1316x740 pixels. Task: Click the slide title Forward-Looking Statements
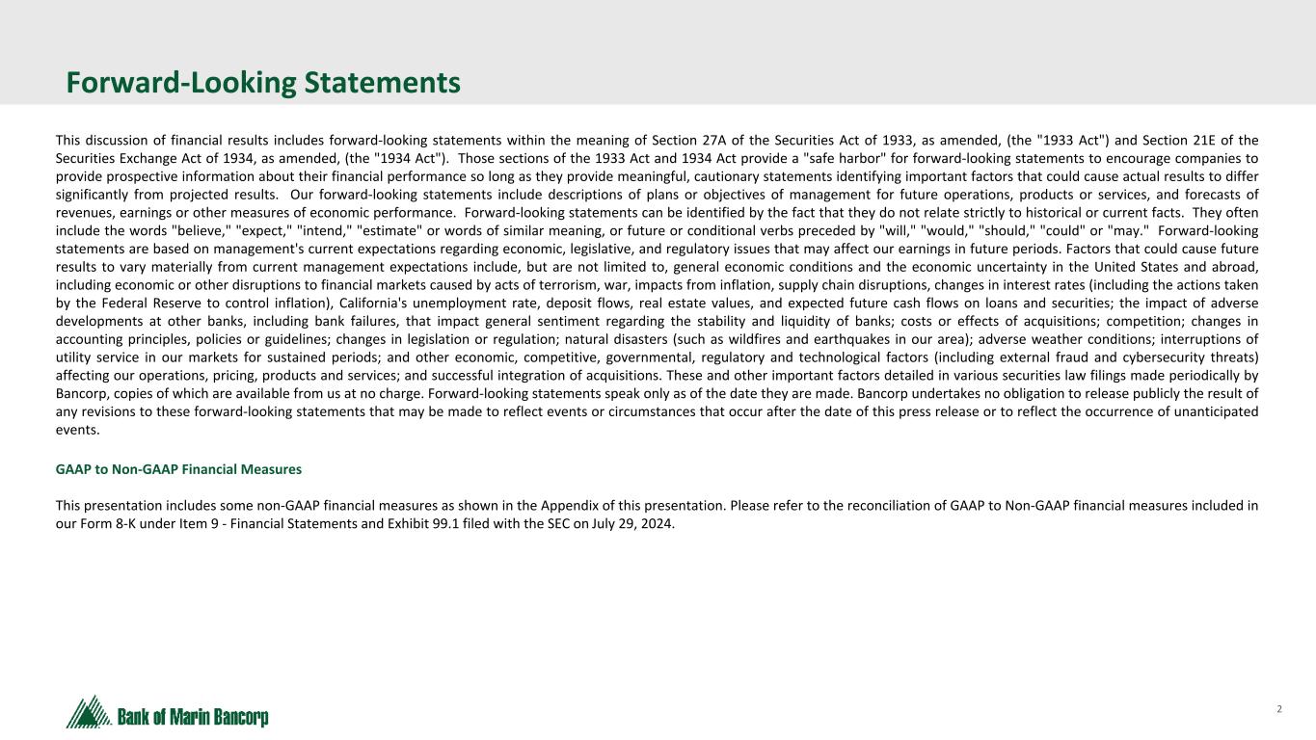[263, 84]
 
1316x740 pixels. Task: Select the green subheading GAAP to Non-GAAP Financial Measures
[178, 469]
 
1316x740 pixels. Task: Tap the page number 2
[1279, 709]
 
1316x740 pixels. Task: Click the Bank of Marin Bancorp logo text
[193, 718]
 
